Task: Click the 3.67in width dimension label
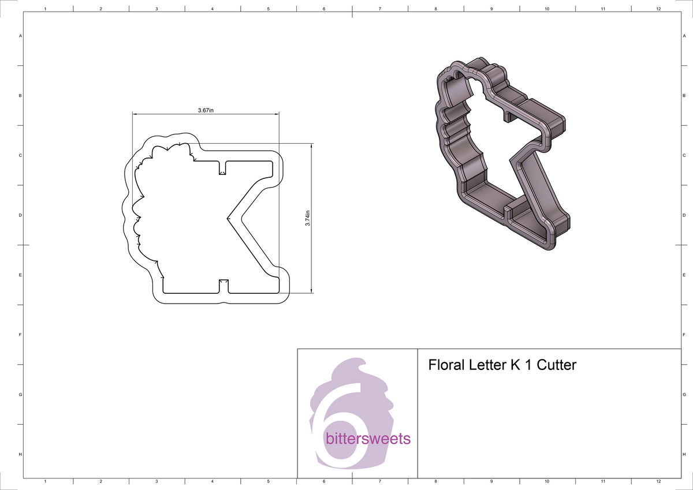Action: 206,110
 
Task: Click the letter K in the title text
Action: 515,365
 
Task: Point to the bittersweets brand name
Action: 368,439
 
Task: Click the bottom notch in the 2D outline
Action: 222,285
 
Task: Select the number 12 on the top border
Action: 658,9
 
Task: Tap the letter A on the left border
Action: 21,36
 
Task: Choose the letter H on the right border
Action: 684,454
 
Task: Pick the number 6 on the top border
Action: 324,9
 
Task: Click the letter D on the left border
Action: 21,215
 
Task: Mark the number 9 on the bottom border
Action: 491,481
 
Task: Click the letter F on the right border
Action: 684,335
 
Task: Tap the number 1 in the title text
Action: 528,365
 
